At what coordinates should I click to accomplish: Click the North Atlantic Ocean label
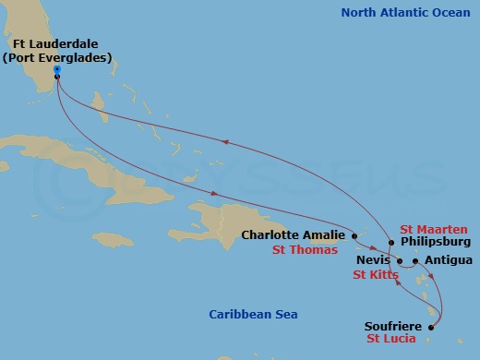(x=404, y=13)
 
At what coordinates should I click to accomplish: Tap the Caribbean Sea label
(x=253, y=315)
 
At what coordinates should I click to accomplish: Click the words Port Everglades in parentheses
(x=57, y=57)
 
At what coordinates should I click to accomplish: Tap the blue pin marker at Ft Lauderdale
(x=57, y=69)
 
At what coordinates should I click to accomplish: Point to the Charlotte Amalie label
(x=294, y=234)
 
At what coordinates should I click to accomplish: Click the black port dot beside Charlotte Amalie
(x=354, y=235)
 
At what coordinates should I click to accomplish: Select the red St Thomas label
(x=303, y=249)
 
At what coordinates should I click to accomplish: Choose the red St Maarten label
(x=434, y=229)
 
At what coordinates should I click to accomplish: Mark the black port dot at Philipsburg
(x=391, y=243)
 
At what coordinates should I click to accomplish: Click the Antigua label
(x=448, y=260)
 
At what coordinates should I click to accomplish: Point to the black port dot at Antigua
(x=415, y=261)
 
